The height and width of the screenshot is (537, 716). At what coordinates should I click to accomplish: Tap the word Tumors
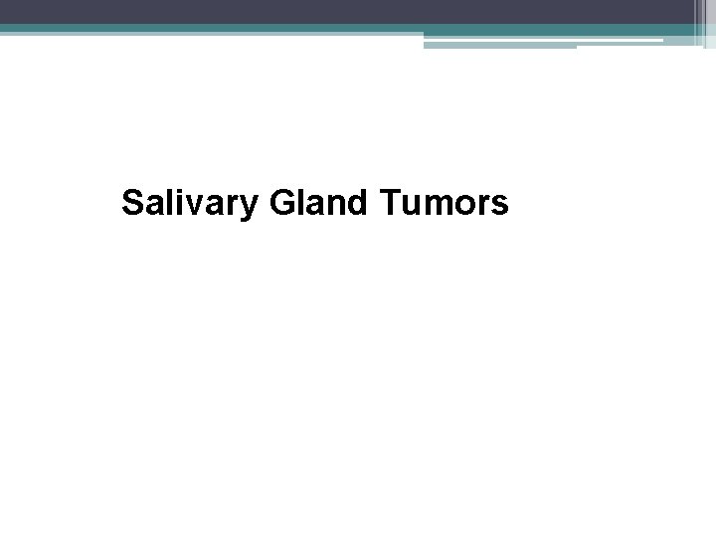click(x=444, y=204)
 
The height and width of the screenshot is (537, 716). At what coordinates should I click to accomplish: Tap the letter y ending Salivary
click(x=253, y=209)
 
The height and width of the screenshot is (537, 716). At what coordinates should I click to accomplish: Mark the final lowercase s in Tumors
click(x=500, y=207)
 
